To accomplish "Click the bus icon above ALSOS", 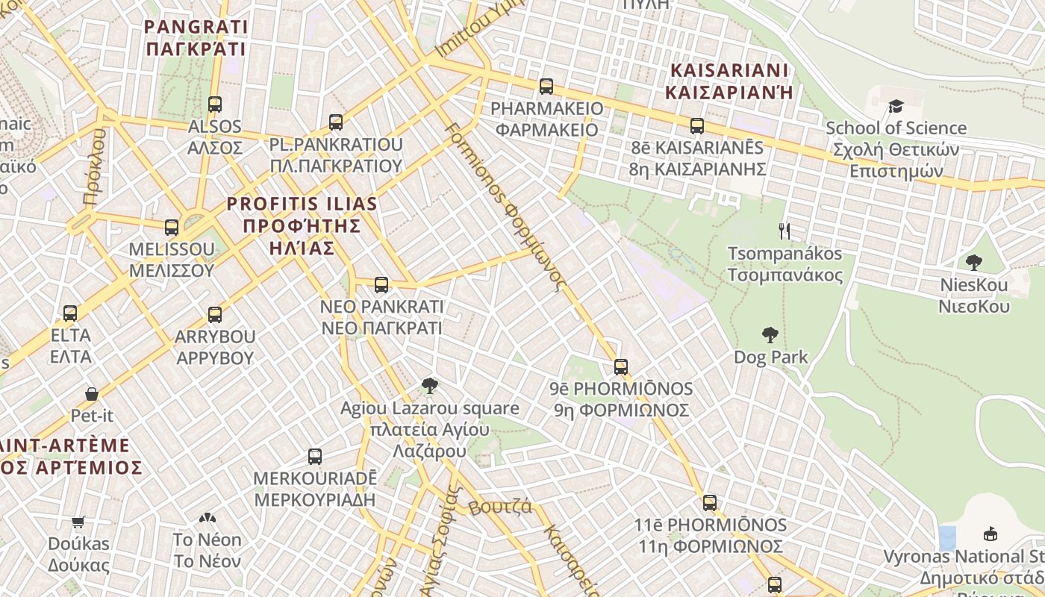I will click(215, 104).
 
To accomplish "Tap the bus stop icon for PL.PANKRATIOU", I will click(336, 122).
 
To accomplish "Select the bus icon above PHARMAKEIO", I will click(546, 87).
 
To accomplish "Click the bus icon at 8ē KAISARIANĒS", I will click(697, 125).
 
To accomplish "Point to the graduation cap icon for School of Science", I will click(896, 106).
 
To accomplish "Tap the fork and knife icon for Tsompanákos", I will click(784, 231).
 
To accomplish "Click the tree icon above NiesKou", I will click(973, 263).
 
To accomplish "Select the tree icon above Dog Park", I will click(770, 335).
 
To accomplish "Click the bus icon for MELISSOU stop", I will click(172, 227).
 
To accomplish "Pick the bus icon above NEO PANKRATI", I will click(381, 284).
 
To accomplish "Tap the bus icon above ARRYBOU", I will click(215, 314).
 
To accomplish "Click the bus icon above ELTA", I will click(70, 313).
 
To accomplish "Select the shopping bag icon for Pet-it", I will click(92, 393).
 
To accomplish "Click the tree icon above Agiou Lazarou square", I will click(429, 386).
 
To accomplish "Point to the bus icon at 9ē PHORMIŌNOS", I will click(621, 366).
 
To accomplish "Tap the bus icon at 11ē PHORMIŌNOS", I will click(710, 503).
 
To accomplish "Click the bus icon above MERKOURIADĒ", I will click(315, 456).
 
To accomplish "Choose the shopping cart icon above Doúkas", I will click(78, 522).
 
